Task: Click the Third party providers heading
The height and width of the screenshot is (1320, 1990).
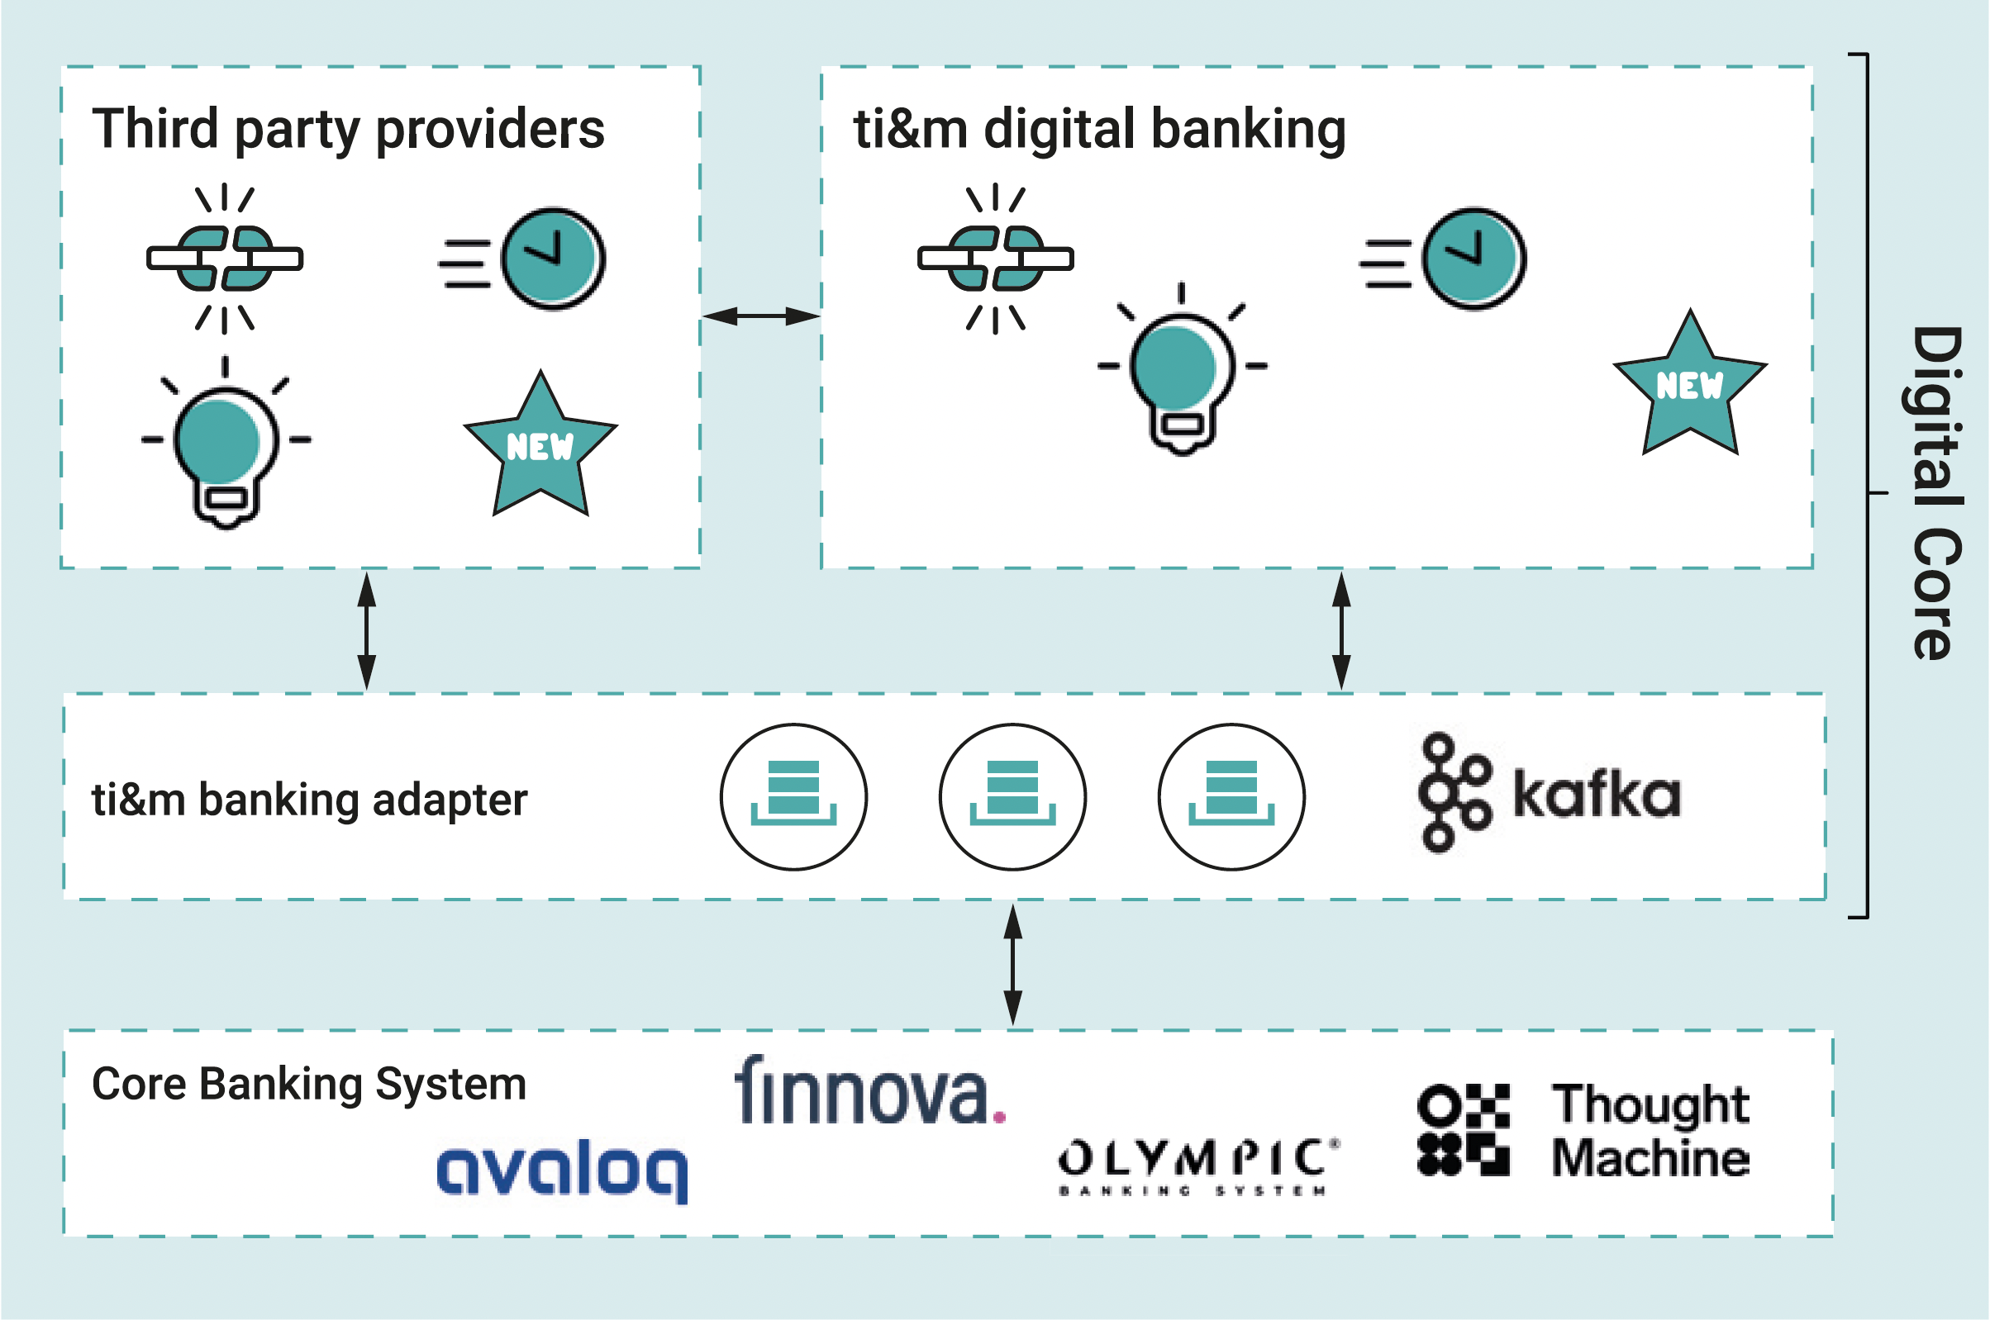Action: (348, 129)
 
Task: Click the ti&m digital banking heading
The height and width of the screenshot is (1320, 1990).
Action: (1099, 129)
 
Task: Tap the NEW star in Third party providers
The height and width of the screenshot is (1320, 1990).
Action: (540, 445)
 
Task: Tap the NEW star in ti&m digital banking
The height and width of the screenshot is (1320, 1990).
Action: (1689, 385)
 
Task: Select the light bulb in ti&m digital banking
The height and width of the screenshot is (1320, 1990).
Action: (1182, 370)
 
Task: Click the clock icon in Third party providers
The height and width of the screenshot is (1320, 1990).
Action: (551, 259)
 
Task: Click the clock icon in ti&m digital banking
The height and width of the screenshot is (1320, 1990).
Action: (1473, 259)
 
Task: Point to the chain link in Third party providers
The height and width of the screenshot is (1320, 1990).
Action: (224, 259)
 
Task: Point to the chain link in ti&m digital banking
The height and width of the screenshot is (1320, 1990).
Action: (996, 259)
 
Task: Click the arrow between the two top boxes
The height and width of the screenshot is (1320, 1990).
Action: (760, 316)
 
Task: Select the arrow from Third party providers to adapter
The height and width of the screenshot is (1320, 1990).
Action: (366, 631)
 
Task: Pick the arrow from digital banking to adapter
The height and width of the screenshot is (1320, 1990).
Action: (1341, 631)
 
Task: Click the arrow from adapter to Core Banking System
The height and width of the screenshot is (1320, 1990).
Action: (1013, 966)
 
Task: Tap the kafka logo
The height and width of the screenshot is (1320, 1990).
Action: (1550, 793)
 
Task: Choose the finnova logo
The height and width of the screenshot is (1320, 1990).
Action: (870, 1091)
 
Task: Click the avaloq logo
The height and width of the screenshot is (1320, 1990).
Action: (562, 1170)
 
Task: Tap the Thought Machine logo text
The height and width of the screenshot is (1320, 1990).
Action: (1650, 1131)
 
